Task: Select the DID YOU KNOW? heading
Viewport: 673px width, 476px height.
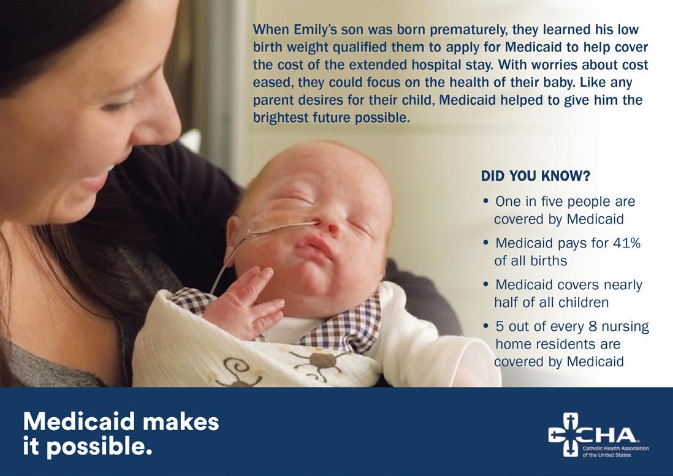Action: tap(535, 176)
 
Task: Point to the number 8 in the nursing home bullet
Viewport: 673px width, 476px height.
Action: tap(592, 327)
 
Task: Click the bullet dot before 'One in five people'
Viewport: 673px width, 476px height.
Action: tap(486, 201)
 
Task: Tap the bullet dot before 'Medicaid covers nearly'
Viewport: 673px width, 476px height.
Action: tap(486, 284)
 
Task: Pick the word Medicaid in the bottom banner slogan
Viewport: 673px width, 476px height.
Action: tap(80, 421)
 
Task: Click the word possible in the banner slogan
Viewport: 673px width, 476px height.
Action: tap(99, 447)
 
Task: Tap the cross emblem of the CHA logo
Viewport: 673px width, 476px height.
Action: tap(566, 434)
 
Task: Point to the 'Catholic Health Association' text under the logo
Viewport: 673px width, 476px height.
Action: tap(615, 448)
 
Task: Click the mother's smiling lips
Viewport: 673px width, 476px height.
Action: tap(97, 180)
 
